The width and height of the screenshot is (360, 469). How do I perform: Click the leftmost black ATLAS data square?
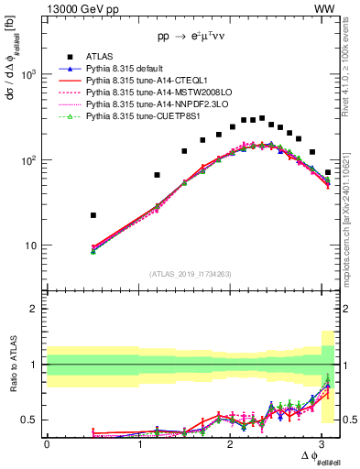click(93, 215)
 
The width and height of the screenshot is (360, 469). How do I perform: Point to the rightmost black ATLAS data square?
click(328, 172)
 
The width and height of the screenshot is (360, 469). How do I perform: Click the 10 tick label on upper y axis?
click(30, 245)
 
